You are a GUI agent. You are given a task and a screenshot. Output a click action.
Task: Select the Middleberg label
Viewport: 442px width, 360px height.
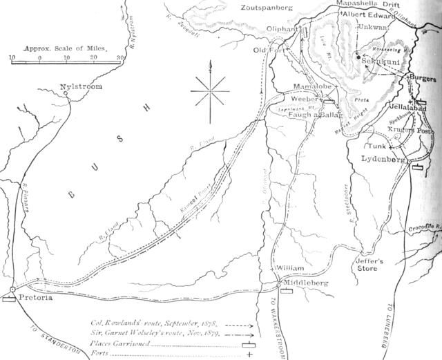click(309, 283)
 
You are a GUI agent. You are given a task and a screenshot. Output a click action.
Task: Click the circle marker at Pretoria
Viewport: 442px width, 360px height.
click(13, 290)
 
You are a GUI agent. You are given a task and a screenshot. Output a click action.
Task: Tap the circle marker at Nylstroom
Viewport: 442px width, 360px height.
click(66, 95)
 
